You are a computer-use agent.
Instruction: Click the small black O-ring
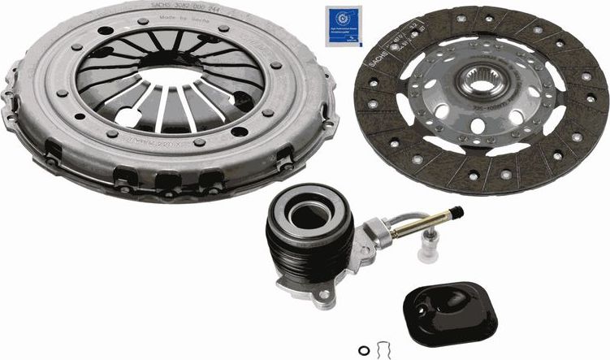[x=363, y=349]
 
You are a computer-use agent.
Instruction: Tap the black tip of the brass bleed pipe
[x=456, y=212]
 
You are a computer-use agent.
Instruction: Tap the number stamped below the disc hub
[x=489, y=106]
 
